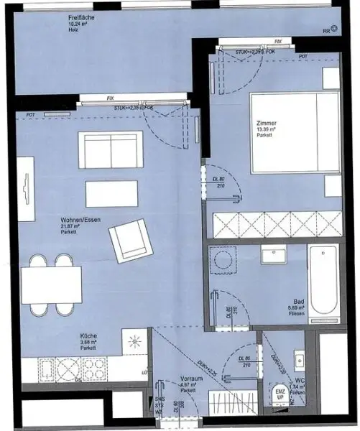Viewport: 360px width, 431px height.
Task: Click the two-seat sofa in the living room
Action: (x=110, y=150)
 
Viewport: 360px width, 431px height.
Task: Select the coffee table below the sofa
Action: (x=111, y=193)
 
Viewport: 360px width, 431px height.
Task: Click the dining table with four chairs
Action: (x=50, y=285)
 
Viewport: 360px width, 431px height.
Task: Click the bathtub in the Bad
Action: (x=323, y=280)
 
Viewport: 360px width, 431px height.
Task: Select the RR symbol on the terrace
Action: (x=328, y=31)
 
